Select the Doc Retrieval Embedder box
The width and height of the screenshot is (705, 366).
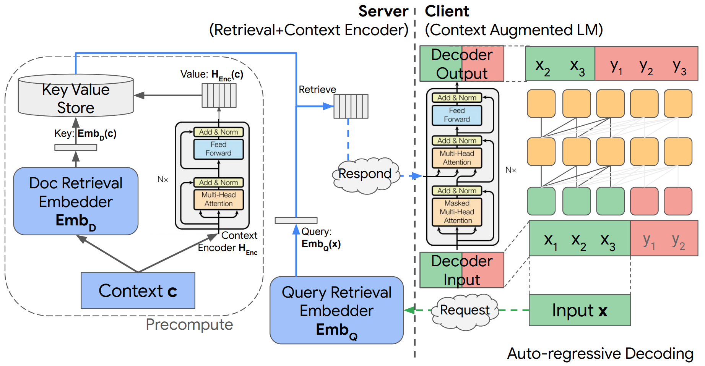[76, 201]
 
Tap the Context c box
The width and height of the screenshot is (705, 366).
[138, 290]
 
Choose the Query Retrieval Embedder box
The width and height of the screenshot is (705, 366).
[336, 310]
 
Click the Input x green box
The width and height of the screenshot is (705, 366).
[579, 310]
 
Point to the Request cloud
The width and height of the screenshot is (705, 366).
[465, 310]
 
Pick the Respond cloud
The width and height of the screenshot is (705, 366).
[365, 174]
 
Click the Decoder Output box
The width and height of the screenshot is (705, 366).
[461, 64]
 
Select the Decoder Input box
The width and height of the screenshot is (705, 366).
[461, 270]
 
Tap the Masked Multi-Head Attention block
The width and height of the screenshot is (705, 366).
[457, 212]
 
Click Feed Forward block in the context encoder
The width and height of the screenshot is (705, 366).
[218, 149]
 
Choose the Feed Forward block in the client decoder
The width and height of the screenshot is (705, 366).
[457, 115]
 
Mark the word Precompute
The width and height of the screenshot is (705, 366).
[189, 325]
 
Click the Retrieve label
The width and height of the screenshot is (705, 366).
[317, 89]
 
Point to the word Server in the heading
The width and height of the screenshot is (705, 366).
[383, 11]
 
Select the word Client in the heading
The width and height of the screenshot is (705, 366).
[447, 11]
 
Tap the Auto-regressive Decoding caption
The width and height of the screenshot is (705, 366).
[600, 354]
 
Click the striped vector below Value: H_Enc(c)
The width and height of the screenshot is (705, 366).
[219, 96]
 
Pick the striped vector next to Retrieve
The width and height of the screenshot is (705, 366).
[351, 106]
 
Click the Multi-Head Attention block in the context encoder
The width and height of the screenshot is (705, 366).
[218, 199]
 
